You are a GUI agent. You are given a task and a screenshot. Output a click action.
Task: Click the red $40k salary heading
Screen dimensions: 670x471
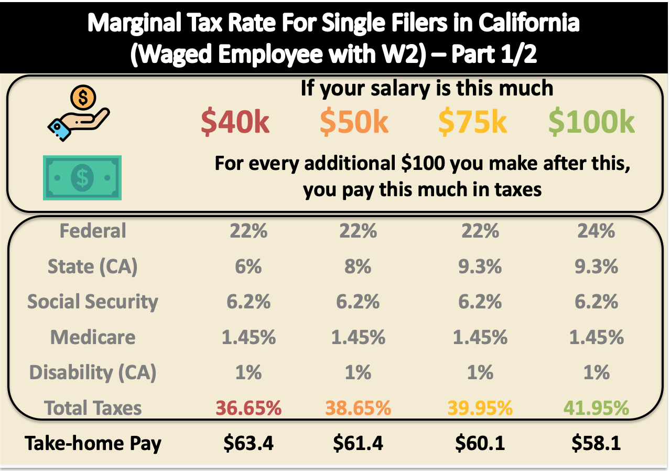pyautogui.click(x=235, y=122)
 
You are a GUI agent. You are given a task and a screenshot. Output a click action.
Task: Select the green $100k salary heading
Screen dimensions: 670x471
pyautogui.click(x=591, y=122)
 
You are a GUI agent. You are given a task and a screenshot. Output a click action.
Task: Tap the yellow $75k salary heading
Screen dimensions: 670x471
pyautogui.click(x=472, y=122)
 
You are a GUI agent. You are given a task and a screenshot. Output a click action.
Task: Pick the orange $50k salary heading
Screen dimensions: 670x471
pyautogui.click(x=354, y=122)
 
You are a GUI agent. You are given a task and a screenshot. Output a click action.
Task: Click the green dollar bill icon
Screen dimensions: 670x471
pyautogui.click(x=82, y=178)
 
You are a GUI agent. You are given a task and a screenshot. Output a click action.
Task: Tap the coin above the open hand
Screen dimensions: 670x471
pyautogui.click(x=83, y=98)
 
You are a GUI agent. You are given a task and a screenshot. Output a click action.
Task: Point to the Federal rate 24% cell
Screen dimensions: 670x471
pyautogui.click(x=596, y=231)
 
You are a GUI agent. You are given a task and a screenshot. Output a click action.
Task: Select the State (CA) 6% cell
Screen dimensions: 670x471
pyautogui.click(x=248, y=266)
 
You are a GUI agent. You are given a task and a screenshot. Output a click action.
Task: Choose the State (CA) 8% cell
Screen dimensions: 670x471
pyautogui.click(x=358, y=266)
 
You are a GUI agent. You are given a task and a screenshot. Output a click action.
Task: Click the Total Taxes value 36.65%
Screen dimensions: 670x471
pyautogui.click(x=248, y=408)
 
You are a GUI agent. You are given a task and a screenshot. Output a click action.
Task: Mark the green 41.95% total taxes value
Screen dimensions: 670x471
pyautogui.click(x=596, y=408)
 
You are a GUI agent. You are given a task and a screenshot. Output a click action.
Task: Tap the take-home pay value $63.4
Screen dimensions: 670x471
pyautogui.click(x=248, y=443)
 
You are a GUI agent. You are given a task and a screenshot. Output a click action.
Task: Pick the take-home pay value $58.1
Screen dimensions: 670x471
pyautogui.click(x=596, y=443)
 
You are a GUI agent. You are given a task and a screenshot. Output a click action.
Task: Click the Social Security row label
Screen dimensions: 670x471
pyautogui.click(x=93, y=302)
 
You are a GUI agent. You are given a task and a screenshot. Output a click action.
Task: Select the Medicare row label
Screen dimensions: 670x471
pyautogui.click(x=93, y=337)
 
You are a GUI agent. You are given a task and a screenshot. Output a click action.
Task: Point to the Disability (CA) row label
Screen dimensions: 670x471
pyautogui.click(x=93, y=373)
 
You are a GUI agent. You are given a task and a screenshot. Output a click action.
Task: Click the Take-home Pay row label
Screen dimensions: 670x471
pyautogui.click(x=93, y=444)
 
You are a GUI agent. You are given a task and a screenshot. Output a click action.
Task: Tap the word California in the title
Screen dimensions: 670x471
pyautogui.click(x=529, y=23)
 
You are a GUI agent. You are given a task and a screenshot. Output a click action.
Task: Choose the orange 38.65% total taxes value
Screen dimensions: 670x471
pyautogui.click(x=358, y=408)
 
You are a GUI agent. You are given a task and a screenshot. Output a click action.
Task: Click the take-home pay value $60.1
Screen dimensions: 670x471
pyautogui.click(x=480, y=443)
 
